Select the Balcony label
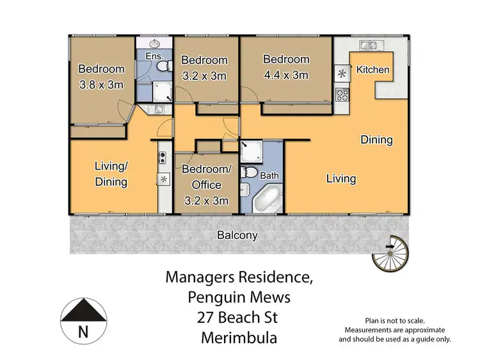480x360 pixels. pyautogui.click(x=237, y=235)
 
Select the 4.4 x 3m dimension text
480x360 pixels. pyautogui.click(x=286, y=75)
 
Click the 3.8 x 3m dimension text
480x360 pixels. pyautogui.click(x=100, y=84)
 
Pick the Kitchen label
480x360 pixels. pyautogui.click(x=372, y=69)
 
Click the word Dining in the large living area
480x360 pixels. pyautogui.click(x=376, y=140)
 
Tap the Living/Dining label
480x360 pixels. pyautogui.click(x=111, y=174)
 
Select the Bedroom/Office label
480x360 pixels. pyautogui.click(x=205, y=177)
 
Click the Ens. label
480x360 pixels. pyautogui.click(x=154, y=56)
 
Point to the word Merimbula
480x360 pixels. pyautogui.click(x=239, y=338)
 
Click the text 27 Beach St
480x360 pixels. pyautogui.click(x=239, y=318)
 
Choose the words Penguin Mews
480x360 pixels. pyautogui.click(x=239, y=298)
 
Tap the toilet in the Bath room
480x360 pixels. pyautogui.click(x=252, y=172)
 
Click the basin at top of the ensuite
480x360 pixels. pyautogui.click(x=155, y=44)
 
